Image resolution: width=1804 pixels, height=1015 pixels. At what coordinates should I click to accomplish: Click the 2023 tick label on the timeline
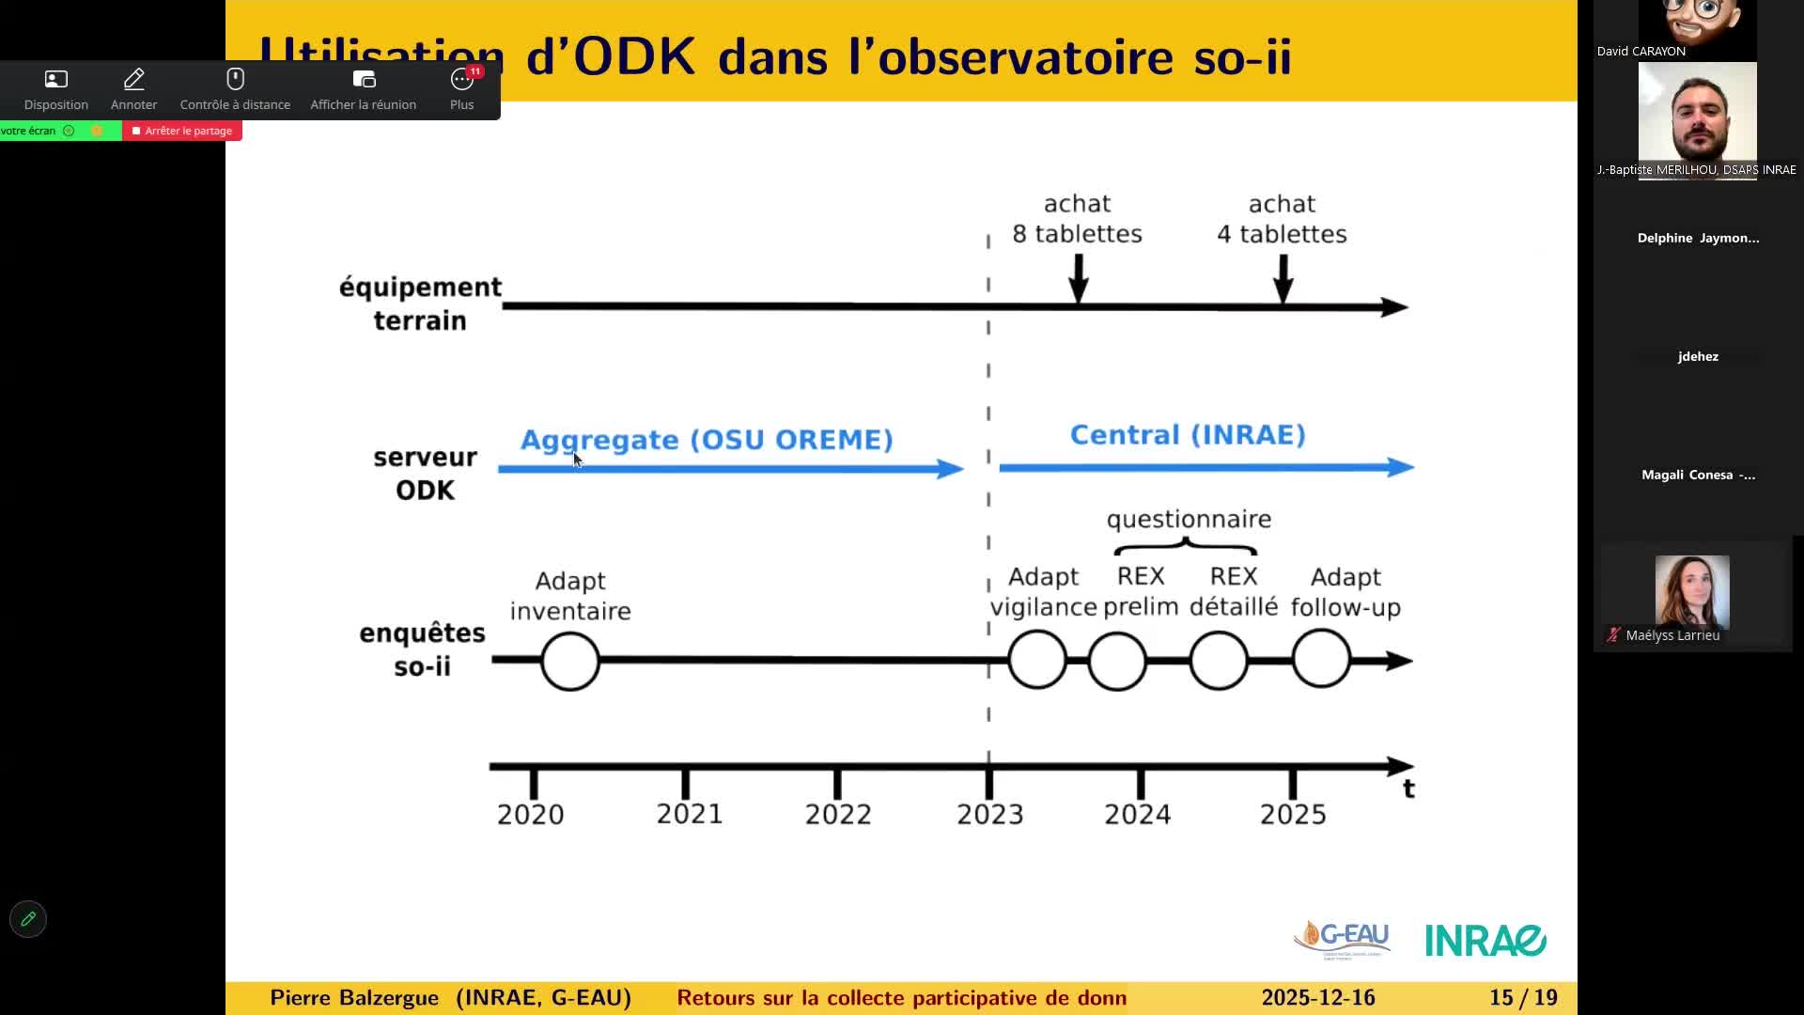[x=989, y=814]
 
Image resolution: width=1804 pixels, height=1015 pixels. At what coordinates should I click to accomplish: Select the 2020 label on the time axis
[x=530, y=814]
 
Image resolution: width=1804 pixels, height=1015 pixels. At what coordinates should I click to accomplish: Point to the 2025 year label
[x=1292, y=814]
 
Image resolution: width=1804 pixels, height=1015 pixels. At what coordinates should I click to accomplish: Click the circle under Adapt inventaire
[x=570, y=661]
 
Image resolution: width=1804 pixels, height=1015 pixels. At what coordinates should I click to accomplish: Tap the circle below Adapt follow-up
[x=1321, y=660]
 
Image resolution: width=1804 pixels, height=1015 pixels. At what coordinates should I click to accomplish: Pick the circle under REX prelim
[x=1117, y=661]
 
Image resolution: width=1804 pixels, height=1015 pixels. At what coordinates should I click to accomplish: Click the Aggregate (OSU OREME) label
[x=707, y=440]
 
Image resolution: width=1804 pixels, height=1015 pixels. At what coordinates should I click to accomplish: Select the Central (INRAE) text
[x=1188, y=435]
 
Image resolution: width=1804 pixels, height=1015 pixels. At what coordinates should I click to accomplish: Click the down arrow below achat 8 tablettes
[x=1079, y=277]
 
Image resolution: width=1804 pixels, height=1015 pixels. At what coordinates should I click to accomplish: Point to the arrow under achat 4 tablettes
[x=1283, y=277]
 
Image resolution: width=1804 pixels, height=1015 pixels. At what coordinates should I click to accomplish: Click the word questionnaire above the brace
[x=1189, y=520]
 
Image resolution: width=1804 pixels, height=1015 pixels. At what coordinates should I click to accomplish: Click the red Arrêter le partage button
[x=182, y=131]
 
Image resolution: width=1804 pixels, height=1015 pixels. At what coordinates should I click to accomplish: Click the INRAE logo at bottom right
[x=1485, y=940]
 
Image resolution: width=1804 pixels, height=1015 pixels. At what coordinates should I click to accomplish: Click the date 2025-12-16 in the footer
[x=1317, y=998]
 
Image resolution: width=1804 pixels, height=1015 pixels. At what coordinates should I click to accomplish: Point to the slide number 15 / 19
[x=1523, y=998]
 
